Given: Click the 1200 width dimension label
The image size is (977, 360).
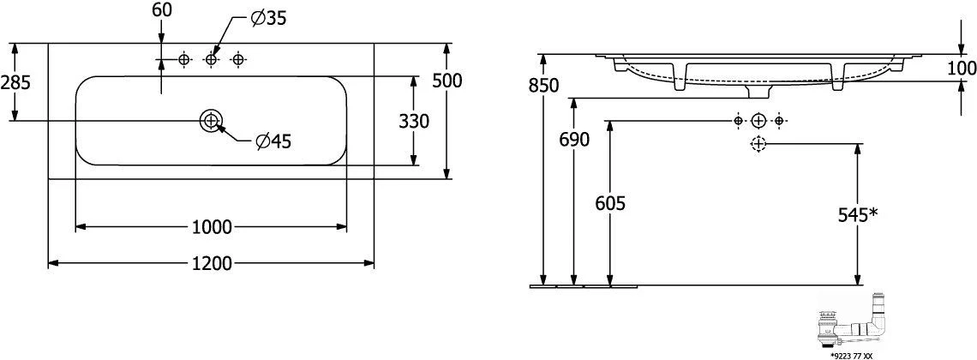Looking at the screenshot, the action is click(x=212, y=264).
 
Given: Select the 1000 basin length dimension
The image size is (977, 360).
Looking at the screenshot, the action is click(x=212, y=227).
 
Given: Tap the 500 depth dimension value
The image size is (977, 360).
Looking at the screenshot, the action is click(x=447, y=81).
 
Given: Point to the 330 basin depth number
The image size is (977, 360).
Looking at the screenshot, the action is click(x=414, y=122).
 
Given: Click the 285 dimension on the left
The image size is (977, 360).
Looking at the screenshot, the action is click(x=15, y=81).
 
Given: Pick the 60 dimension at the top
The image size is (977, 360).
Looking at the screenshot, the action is click(x=161, y=9).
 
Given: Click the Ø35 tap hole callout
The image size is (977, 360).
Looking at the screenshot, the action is click(x=268, y=20).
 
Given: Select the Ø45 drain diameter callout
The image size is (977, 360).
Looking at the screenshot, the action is click(x=273, y=142).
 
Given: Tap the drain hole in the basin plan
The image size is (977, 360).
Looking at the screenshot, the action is click(x=211, y=120).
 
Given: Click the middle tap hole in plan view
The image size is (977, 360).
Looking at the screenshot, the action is click(x=211, y=59).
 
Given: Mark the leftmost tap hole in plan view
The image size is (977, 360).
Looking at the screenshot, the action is click(x=183, y=59).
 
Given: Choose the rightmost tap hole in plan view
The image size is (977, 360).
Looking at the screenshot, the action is click(x=237, y=59).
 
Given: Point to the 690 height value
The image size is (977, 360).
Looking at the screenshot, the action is click(x=573, y=140).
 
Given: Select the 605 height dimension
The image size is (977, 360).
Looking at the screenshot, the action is click(x=609, y=203).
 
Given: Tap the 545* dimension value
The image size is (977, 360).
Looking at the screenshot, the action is click(x=858, y=215).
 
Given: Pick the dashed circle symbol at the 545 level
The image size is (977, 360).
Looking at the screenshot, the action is click(x=758, y=144).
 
